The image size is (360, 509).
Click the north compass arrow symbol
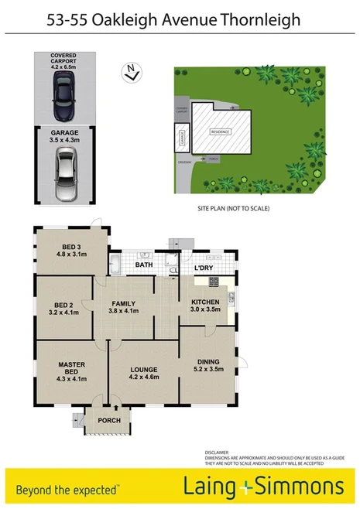pos(132,73)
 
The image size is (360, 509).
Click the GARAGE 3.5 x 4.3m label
pos(65,137)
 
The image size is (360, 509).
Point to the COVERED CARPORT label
pos(65,60)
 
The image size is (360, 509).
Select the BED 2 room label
pos(63,309)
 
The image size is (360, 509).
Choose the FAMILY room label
pos(124,307)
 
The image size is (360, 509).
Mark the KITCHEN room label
pos(205,306)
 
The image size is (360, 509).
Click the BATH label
pos(143,265)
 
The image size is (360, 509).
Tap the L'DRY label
pos(204,267)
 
